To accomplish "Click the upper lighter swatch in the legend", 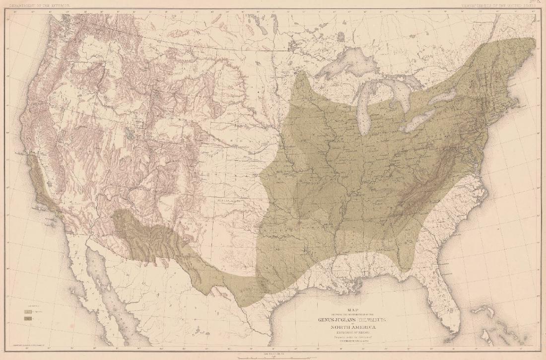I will click(26, 310).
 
